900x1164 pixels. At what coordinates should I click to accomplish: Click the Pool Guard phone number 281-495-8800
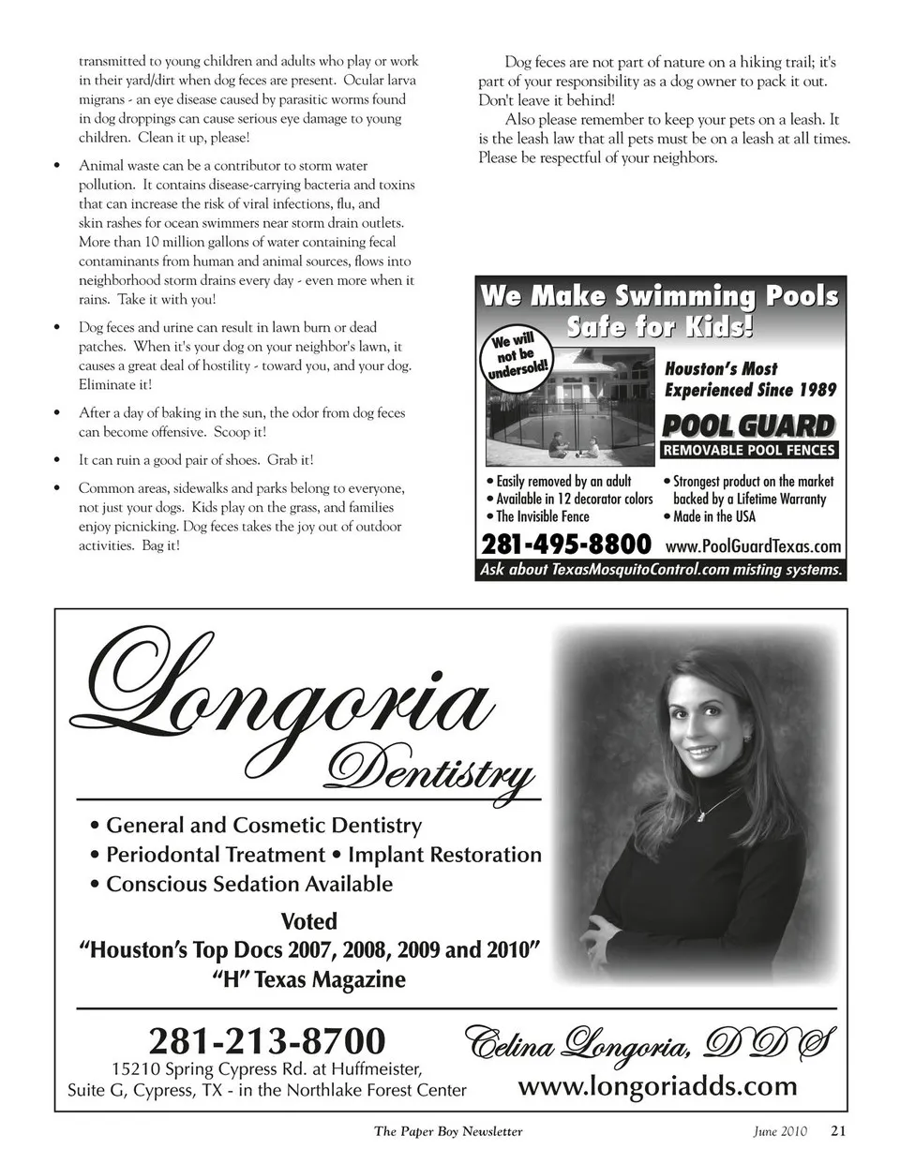coord(565,545)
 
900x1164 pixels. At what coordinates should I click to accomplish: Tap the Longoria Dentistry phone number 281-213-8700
coord(267,1040)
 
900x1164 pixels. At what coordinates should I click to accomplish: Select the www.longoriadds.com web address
coord(657,1086)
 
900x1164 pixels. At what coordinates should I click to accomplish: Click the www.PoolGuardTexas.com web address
coord(753,546)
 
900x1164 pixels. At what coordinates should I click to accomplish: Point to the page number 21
coord(838,1130)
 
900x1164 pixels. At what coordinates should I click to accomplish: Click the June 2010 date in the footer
coord(779,1131)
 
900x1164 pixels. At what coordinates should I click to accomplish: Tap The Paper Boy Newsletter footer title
coord(448,1131)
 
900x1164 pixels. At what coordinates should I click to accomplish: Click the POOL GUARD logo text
coord(748,426)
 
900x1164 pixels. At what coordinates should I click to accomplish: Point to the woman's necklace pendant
coord(698,814)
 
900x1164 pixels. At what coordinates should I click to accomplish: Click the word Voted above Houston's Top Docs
coord(308,921)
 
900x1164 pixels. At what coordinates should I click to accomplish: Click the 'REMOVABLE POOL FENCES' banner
coord(749,451)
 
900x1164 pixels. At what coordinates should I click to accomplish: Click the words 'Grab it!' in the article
coord(291,460)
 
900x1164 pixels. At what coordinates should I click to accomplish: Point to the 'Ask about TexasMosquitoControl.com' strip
coord(661,569)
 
